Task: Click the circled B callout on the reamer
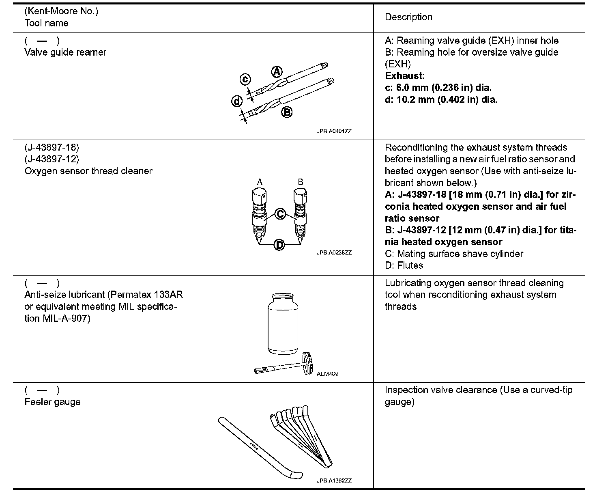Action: coord(287,112)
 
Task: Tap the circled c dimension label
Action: coord(245,79)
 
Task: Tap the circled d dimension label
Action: coord(237,101)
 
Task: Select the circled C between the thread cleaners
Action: coord(280,213)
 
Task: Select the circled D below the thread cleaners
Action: coord(279,245)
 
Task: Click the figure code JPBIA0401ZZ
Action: coord(334,131)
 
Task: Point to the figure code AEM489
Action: coord(327,374)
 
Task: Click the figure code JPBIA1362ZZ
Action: coord(334,481)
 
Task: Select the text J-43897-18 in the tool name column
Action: coord(52,147)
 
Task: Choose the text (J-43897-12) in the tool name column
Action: coord(52,159)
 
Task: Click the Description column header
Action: coord(408,17)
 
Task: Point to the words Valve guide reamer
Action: coord(65,52)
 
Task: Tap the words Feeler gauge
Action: coord(52,402)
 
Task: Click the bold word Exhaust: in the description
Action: coord(405,76)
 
